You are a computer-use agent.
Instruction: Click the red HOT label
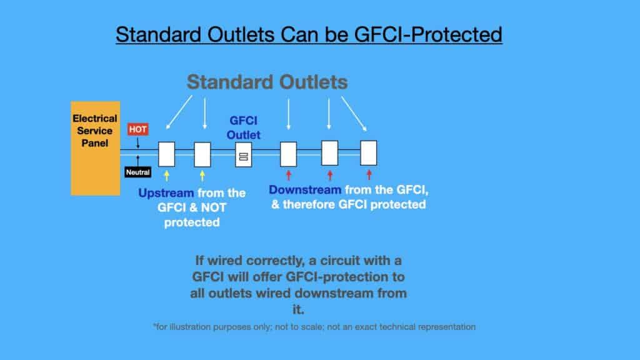137,129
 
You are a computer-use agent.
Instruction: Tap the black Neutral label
137,172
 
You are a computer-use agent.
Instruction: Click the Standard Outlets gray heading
267,82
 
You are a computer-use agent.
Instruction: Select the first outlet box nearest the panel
166,154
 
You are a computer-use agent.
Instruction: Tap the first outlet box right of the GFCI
288,154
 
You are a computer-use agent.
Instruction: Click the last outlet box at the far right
369,152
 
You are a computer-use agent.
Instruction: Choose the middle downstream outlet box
330,152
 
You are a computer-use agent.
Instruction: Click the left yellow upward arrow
166,176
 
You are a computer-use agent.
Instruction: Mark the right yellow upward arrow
202,176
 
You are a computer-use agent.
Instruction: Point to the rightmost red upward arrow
369,174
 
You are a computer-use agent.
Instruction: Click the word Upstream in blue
166,192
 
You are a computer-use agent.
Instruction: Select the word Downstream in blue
305,189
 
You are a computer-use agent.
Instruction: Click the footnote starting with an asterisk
314,326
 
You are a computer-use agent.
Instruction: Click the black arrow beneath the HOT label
137,143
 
